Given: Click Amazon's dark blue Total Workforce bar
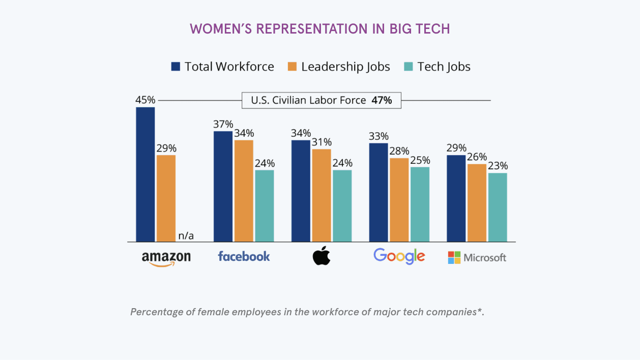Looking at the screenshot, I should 146,174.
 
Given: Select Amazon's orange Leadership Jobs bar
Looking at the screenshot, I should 166,198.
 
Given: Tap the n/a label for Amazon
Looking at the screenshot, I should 186,235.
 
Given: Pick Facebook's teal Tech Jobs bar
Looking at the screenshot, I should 265,205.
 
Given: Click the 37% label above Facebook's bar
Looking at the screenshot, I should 223,125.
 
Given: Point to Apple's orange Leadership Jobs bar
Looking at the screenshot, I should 322,195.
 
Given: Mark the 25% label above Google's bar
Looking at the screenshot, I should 420,160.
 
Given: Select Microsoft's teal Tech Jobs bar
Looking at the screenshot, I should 498,207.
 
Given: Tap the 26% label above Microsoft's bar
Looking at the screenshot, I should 477,157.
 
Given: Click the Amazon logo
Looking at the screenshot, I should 166,257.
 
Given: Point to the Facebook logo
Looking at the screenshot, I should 244,256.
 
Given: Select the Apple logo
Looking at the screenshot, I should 321,256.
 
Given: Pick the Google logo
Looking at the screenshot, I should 399,256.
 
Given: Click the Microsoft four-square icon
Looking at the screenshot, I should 454,257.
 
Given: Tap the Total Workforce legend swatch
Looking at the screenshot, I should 176,67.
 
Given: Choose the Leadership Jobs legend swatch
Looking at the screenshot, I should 292,67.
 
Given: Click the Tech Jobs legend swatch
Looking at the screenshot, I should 409,67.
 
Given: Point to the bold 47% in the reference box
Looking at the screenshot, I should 382,100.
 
